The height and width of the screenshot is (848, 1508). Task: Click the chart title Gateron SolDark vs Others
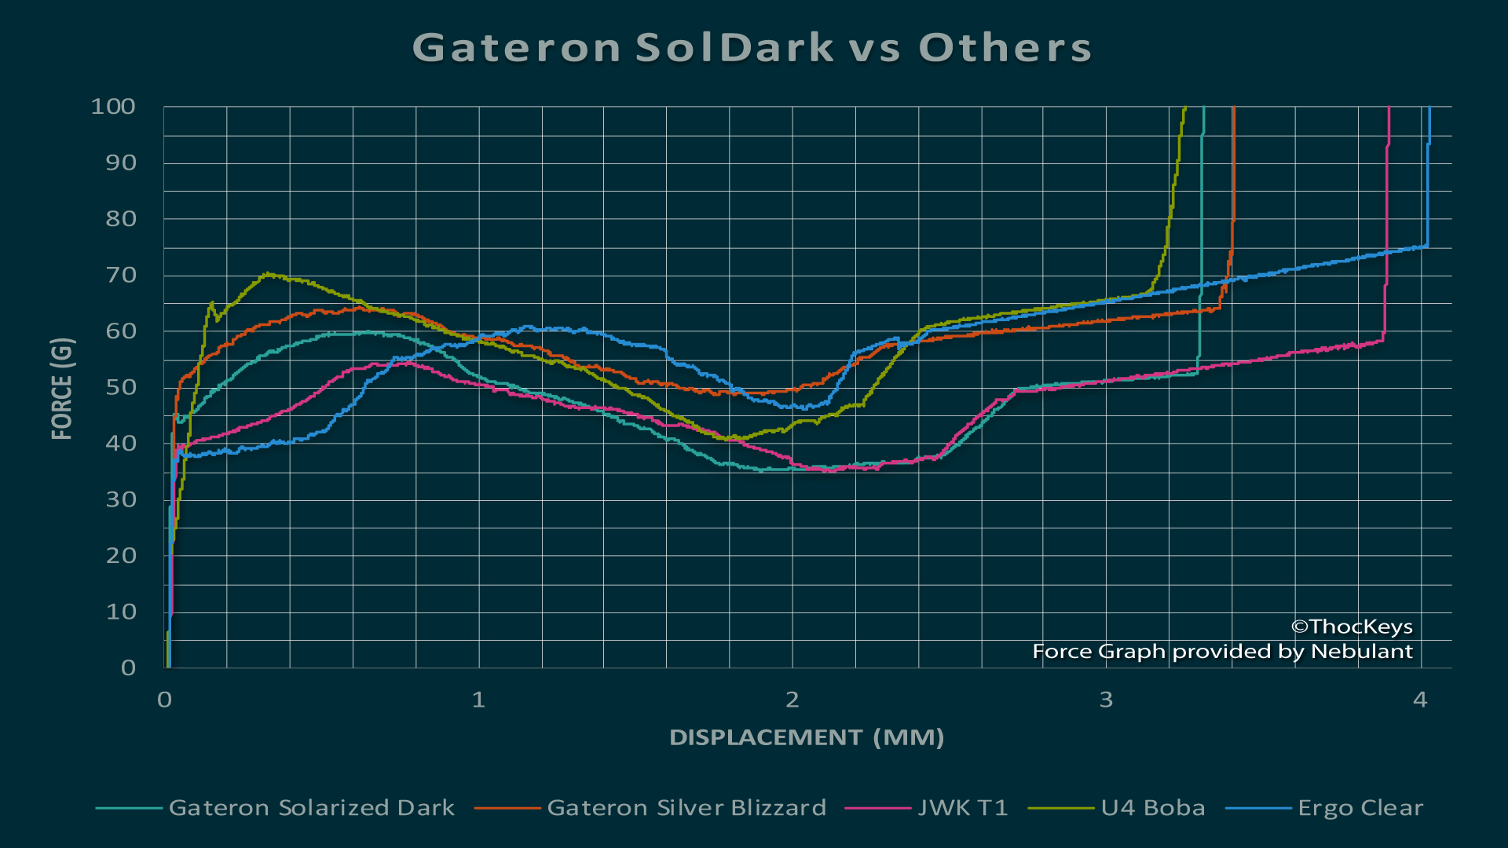click(752, 48)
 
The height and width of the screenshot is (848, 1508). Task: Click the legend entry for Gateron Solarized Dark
click(311, 808)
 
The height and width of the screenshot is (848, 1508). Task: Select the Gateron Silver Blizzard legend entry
click(686, 808)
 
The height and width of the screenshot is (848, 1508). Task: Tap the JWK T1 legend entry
click(962, 808)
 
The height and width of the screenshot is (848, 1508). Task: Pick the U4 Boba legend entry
click(1152, 808)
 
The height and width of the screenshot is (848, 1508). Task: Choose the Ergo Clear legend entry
click(1360, 808)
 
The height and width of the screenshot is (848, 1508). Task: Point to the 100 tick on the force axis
click(113, 107)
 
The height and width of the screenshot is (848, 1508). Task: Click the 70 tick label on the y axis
click(121, 276)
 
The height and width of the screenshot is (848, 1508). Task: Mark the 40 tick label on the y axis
click(121, 444)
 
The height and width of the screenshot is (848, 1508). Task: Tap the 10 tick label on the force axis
click(121, 612)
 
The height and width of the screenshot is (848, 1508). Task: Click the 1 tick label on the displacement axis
click(478, 700)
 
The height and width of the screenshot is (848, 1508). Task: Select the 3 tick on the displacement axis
click(1106, 700)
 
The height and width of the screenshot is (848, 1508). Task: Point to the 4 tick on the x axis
click(1420, 700)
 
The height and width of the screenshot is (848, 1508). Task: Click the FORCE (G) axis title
click(62, 388)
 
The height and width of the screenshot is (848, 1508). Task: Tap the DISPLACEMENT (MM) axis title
click(807, 737)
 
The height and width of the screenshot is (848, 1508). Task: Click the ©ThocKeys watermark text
click(1352, 627)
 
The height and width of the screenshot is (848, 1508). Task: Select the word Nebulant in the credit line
click(1361, 652)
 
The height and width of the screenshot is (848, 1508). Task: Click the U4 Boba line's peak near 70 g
click(268, 274)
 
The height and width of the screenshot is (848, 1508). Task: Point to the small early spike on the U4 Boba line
click(211, 303)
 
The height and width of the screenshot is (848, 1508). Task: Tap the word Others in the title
click(1005, 48)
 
